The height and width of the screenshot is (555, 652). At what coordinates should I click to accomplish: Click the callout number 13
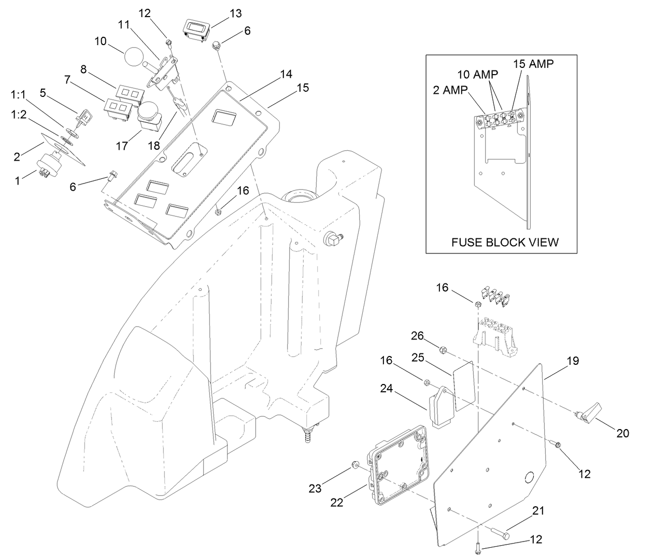tap(235, 13)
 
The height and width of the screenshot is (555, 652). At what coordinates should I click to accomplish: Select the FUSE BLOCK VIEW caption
tap(505, 242)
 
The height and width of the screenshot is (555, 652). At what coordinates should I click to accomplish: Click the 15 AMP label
tap(533, 64)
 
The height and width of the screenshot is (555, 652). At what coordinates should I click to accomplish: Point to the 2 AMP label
tap(450, 89)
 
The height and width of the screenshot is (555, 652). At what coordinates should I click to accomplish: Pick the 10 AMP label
tap(477, 75)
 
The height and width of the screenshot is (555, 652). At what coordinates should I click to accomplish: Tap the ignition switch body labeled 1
tap(48, 163)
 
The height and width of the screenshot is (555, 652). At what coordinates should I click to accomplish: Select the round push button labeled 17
tap(149, 115)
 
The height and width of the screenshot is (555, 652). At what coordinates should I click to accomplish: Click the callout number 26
tap(418, 336)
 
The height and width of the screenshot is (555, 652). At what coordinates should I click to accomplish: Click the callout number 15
tap(303, 88)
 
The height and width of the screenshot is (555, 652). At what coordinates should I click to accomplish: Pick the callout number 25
tap(418, 357)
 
